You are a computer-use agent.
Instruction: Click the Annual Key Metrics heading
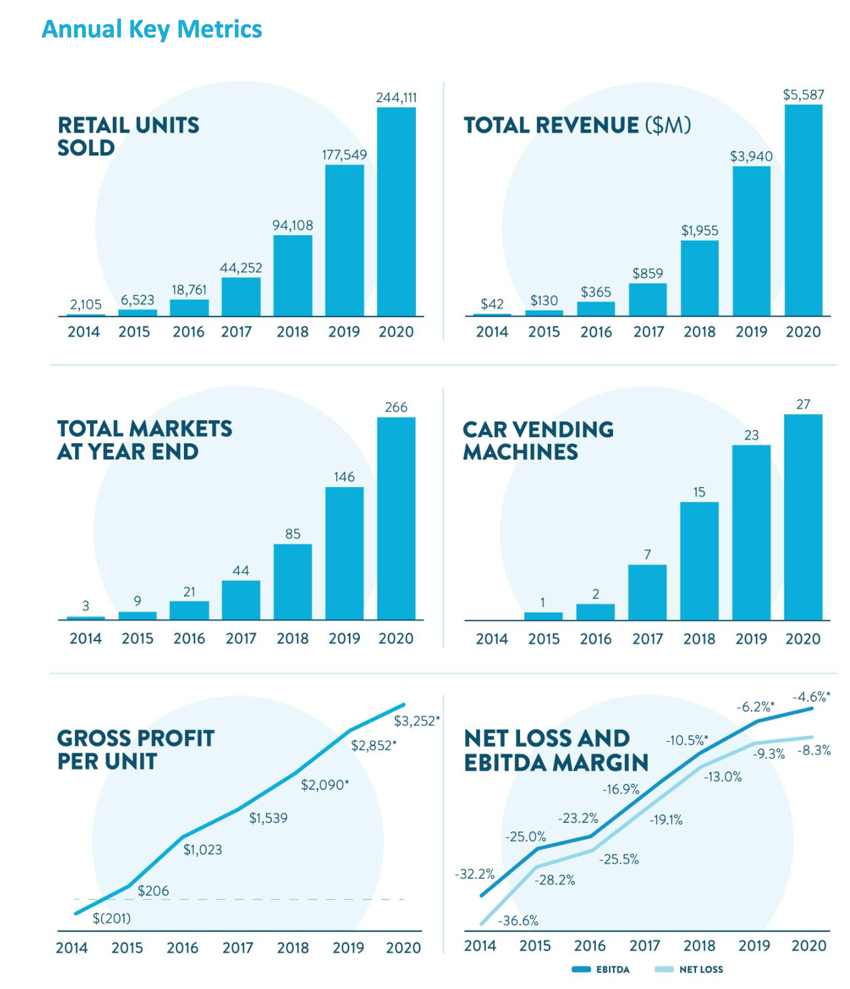[152, 29]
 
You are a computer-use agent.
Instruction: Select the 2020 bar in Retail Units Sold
[396, 211]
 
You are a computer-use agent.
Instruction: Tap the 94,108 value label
[292, 225]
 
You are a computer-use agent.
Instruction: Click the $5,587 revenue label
[803, 95]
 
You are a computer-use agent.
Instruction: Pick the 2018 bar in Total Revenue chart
[700, 278]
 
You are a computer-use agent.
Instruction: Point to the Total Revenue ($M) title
[577, 125]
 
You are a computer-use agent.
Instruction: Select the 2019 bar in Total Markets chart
[344, 553]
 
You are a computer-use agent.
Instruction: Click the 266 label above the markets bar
[396, 407]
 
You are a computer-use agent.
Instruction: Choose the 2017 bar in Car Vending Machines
[647, 592]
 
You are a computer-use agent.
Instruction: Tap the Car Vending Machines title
[538, 440]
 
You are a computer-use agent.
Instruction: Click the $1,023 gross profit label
[203, 850]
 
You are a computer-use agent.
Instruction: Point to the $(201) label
[111, 918]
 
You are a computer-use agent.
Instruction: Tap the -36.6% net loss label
[518, 921]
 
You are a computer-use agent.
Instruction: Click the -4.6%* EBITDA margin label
[811, 697]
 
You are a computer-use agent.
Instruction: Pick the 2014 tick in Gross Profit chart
[72, 948]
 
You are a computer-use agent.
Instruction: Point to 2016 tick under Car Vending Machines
[595, 639]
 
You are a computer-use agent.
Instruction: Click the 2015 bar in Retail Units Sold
[138, 312]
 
